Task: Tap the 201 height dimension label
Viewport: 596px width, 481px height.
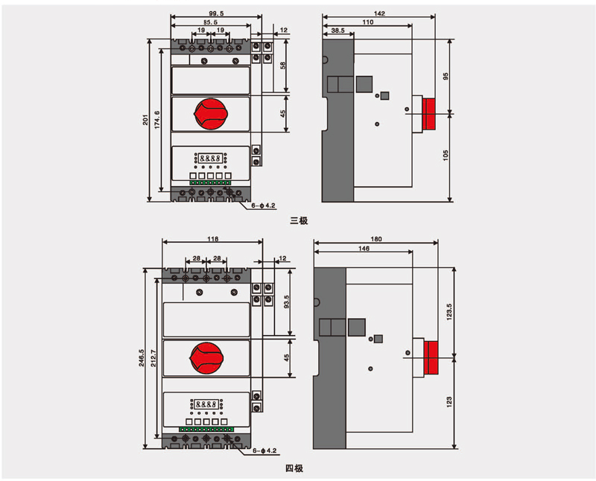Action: [147, 121]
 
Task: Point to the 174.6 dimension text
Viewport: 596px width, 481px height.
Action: [156, 121]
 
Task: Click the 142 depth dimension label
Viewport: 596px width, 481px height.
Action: [380, 13]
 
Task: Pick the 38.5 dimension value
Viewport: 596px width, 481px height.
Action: [337, 31]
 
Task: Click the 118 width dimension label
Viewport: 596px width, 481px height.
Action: [212, 239]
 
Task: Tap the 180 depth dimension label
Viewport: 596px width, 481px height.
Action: [375, 239]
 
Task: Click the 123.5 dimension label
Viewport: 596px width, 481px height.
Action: [448, 312]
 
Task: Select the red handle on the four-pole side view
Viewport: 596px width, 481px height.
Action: [433, 357]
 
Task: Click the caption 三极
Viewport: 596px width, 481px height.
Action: [299, 220]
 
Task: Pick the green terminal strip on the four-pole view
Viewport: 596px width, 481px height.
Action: [206, 430]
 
